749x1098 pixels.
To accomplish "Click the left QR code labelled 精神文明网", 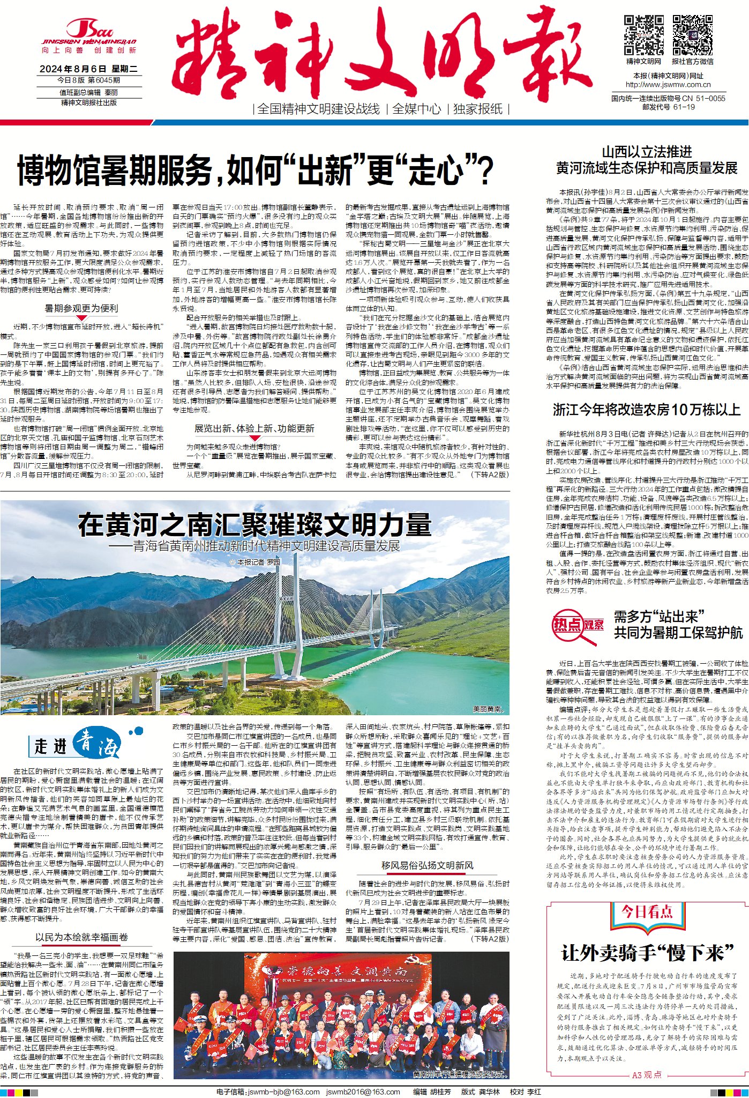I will click(x=643, y=35).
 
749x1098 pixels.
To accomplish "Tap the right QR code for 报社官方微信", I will click(x=692, y=35).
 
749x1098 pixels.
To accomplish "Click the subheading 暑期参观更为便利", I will click(x=81, y=308).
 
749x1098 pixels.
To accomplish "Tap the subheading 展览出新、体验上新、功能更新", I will click(x=254, y=428).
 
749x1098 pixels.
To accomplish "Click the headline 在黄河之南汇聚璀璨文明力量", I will click(x=254, y=524).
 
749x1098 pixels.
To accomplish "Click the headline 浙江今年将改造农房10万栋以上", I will click(x=646, y=410).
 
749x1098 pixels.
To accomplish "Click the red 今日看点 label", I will click(x=647, y=911).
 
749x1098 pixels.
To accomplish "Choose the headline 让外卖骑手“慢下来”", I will click(x=647, y=953).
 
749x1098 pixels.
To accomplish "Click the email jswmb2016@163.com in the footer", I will click(x=363, y=1092).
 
